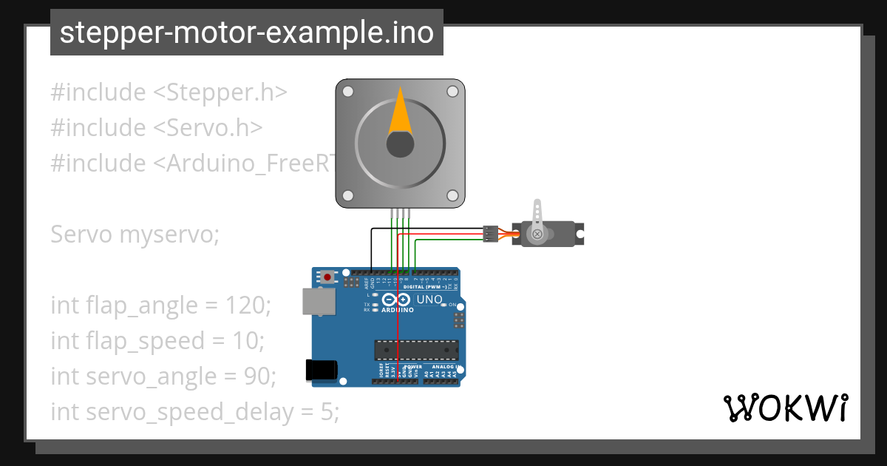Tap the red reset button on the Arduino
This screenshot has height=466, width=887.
coord(327,277)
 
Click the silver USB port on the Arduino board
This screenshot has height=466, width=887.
coord(317,301)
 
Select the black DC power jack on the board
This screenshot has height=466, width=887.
coord(322,370)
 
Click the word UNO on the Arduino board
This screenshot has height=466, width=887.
coord(429,300)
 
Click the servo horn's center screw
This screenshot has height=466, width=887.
coord(537,234)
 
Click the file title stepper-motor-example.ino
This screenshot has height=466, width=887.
coord(246,33)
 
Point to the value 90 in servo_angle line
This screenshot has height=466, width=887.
coord(259,376)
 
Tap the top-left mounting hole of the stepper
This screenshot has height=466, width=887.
coord(348,92)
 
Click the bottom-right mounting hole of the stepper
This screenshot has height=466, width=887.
coord(452,195)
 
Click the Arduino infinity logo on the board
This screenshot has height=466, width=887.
coord(396,300)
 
